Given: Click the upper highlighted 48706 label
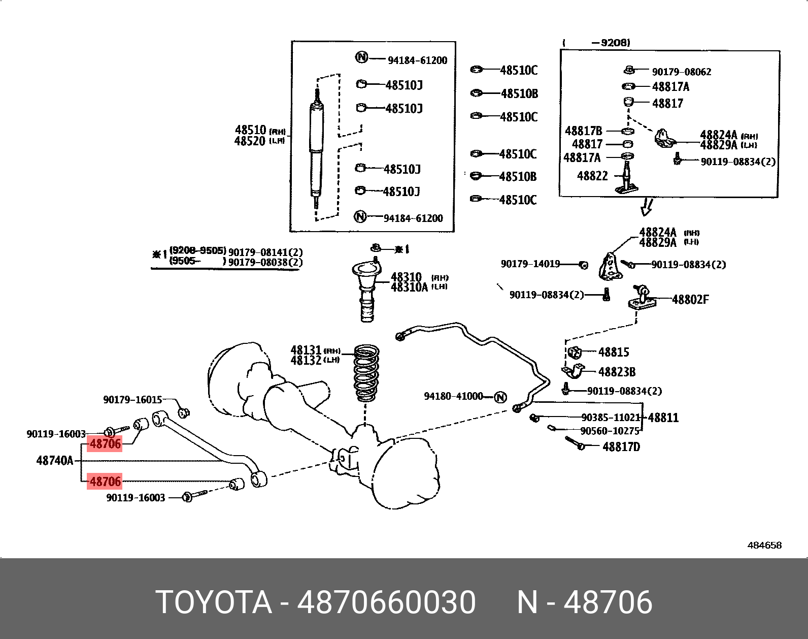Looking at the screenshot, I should pyautogui.click(x=105, y=444).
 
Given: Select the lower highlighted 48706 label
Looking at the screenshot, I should pyautogui.click(x=105, y=482).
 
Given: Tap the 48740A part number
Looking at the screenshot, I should pyautogui.click(x=55, y=461).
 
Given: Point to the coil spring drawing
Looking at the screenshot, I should pyautogui.click(x=366, y=373).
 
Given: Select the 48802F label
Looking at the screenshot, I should pyautogui.click(x=690, y=300).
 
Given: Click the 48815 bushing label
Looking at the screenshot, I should pyautogui.click(x=614, y=352).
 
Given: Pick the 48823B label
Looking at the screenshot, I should pyautogui.click(x=617, y=372).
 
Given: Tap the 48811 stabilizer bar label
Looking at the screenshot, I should pyautogui.click(x=663, y=418).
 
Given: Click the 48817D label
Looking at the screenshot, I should pyautogui.click(x=621, y=447).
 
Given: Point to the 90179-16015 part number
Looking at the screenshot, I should pyautogui.click(x=132, y=400).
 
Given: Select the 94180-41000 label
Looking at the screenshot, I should pyautogui.click(x=453, y=396).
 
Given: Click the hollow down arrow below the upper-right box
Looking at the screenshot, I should pyautogui.click(x=646, y=207).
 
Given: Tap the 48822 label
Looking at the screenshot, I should pyautogui.click(x=592, y=176).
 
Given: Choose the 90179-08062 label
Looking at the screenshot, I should pyautogui.click(x=681, y=72).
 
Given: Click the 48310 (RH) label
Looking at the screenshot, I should pyautogui.click(x=407, y=277).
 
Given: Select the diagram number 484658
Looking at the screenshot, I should pyautogui.click(x=764, y=546).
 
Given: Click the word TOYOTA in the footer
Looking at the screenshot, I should pyautogui.click(x=214, y=602).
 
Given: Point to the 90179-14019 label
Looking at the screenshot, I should pyautogui.click(x=530, y=264).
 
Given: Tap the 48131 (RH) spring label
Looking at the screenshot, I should pyautogui.click(x=306, y=350).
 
